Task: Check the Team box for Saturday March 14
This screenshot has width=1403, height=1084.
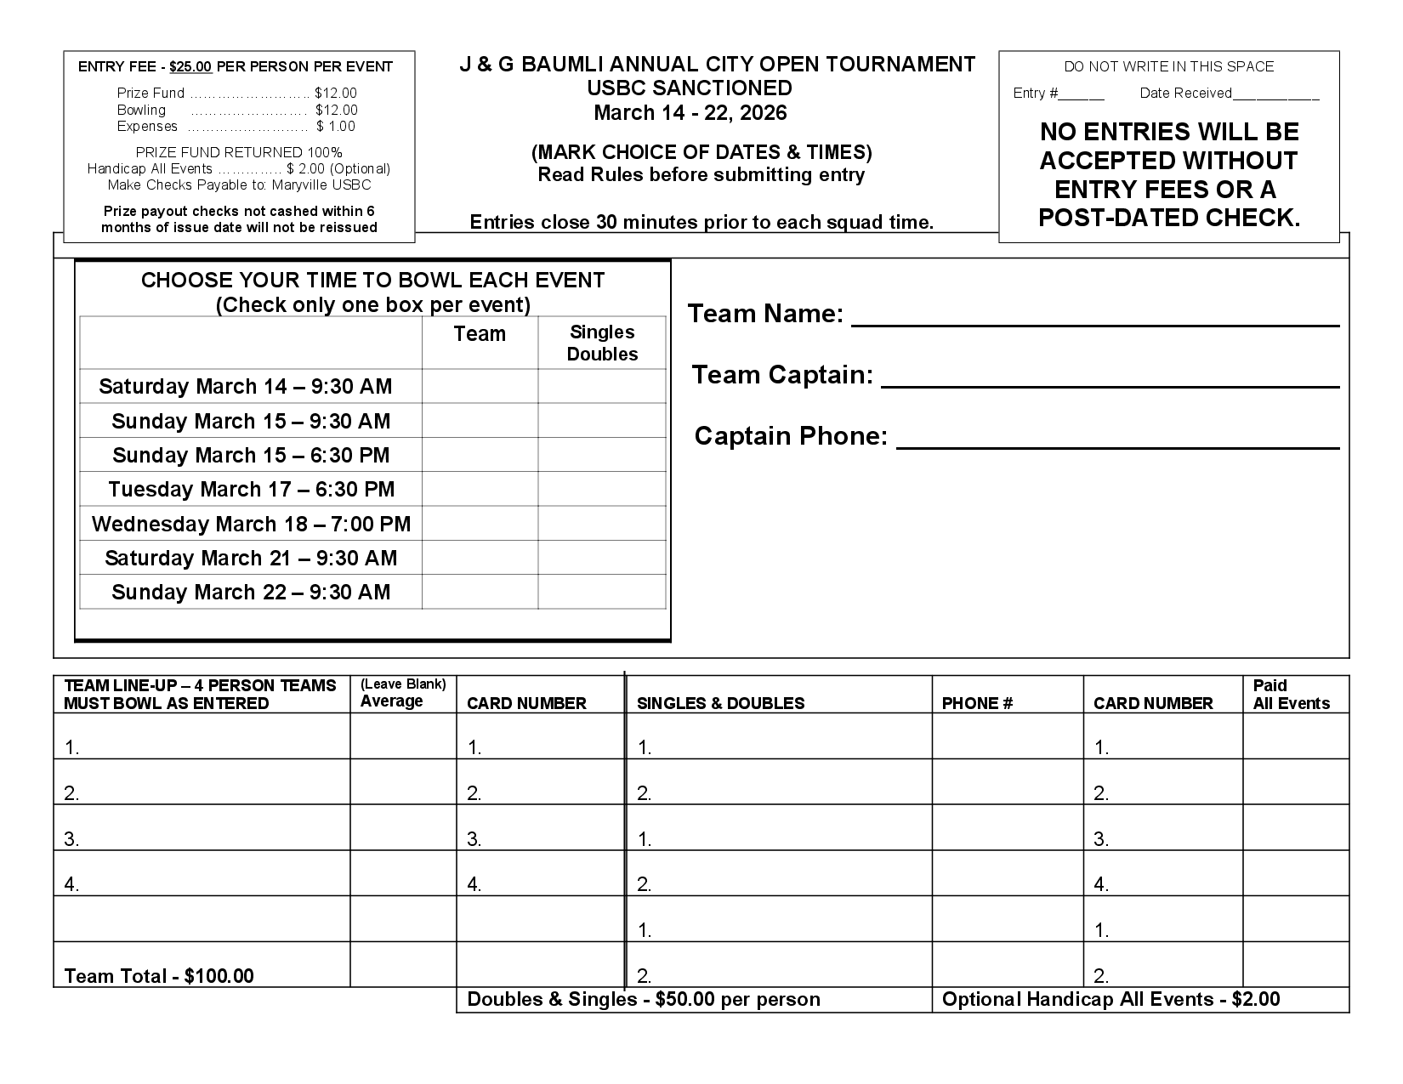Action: coord(480,386)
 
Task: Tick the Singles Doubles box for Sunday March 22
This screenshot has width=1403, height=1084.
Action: coord(602,592)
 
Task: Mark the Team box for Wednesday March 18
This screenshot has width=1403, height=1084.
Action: coord(480,524)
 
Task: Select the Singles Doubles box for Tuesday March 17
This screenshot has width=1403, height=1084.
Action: coord(602,489)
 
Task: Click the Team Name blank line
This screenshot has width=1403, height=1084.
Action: coord(1095,321)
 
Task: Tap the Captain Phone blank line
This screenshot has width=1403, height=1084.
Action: coord(1117,444)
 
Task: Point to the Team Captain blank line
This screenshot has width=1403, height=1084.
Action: coord(1110,383)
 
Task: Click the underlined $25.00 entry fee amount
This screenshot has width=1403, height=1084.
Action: coord(191,67)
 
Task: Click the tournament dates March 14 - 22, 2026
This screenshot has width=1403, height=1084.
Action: coord(690,113)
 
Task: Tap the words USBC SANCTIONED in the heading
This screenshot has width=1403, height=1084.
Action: coord(690,88)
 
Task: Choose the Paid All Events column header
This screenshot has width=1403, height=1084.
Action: coord(1291,695)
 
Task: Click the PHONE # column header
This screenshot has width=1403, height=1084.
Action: coord(977,704)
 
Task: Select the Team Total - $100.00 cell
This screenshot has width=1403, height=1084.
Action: coord(159,976)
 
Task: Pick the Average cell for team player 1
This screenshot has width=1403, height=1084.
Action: coord(403,736)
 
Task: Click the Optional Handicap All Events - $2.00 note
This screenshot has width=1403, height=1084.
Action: coord(1110,1000)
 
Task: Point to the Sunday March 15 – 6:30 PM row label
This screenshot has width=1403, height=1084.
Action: coord(251,456)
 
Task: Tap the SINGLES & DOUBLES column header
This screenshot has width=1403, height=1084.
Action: coord(720,704)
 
